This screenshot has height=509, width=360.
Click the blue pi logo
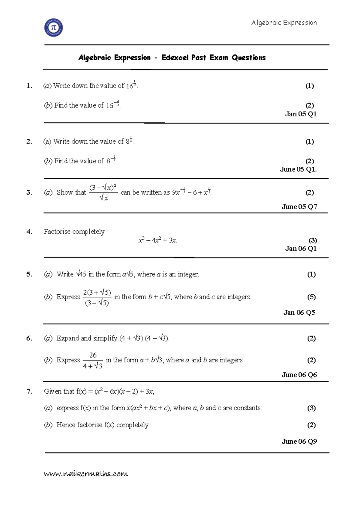54,28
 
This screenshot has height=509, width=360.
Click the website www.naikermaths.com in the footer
86,474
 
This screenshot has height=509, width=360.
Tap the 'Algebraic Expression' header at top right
284,22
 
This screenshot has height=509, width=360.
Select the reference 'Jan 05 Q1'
301,114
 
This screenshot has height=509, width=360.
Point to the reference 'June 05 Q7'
299,207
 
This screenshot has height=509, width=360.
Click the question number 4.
29,231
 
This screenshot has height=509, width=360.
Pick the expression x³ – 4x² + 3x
157,240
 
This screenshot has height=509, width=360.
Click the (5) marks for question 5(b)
311,297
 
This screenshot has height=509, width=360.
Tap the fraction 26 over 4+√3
93,360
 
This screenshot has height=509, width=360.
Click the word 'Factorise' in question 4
57,231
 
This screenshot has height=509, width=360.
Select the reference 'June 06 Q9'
299,441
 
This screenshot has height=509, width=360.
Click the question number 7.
29,391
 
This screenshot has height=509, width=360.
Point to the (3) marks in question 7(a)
311,408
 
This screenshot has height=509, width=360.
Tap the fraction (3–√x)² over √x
103,192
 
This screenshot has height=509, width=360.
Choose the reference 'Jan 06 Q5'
299,312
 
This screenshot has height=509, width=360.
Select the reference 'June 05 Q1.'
298,169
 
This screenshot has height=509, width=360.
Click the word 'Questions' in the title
248,58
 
